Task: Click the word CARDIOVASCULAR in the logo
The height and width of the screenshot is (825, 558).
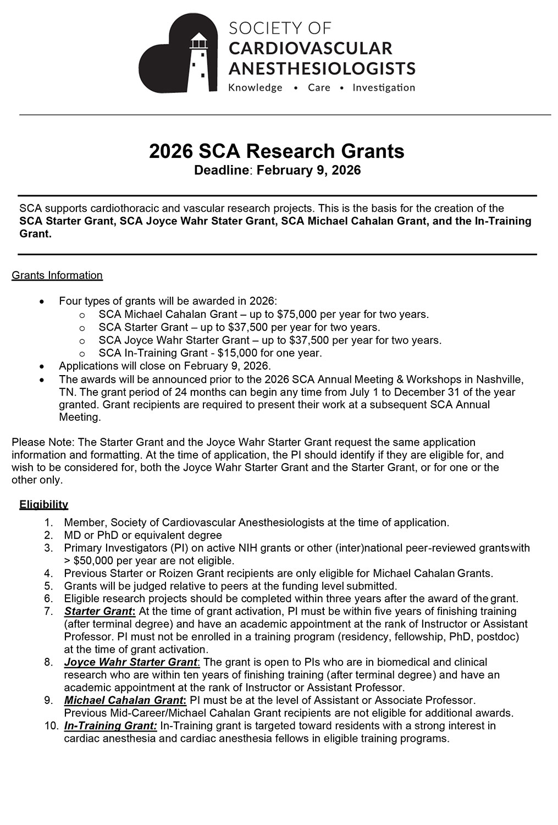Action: tap(310, 48)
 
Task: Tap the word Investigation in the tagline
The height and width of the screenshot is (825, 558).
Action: tap(384, 87)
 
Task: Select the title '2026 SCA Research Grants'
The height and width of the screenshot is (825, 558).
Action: tap(277, 151)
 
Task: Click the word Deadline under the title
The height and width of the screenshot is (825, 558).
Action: tap(222, 170)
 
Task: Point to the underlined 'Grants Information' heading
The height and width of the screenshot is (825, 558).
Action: tap(57, 276)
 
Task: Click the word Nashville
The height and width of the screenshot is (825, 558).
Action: tap(499, 380)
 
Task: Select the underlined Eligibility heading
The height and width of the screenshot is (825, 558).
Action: tap(44, 504)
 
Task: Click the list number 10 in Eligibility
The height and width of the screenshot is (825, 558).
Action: tap(52, 726)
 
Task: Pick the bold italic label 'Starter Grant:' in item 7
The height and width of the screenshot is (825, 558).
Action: tap(100, 612)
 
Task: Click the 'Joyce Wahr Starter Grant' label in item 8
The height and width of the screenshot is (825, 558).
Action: tap(131, 662)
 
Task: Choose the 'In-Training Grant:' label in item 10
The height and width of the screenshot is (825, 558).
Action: tap(111, 726)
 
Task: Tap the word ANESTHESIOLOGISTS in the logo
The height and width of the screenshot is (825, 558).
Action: tap(322, 69)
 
